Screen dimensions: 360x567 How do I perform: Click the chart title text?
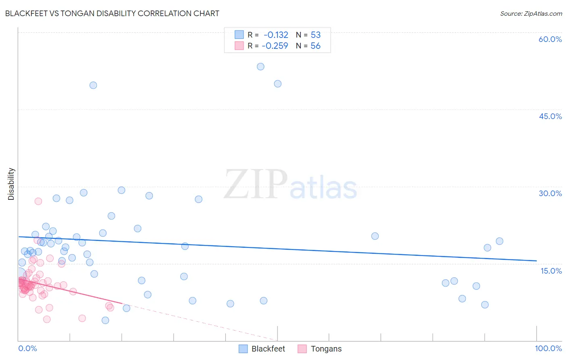click(x=112, y=13)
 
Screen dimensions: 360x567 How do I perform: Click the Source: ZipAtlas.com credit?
click(x=531, y=13)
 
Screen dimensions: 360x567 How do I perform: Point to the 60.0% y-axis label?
click(x=550, y=39)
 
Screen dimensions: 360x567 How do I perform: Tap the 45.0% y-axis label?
click(x=550, y=116)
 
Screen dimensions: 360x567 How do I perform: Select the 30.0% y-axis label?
click(x=550, y=193)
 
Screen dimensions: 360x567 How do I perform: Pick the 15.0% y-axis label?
click(x=551, y=271)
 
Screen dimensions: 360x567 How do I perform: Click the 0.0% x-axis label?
click(x=27, y=348)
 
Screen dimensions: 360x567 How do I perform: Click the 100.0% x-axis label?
click(x=548, y=348)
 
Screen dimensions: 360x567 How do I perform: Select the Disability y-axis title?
click(x=11, y=184)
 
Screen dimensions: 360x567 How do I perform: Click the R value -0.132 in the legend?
click(x=276, y=35)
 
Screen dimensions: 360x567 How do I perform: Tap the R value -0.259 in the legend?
click(x=275, y=46)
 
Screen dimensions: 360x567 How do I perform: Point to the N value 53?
click(x=315, y=35)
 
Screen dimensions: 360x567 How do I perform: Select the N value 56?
click(x=315, y=46)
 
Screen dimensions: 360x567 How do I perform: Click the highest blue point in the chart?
click(x=261, y=67)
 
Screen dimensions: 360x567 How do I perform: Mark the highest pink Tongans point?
click(x=38, y=201)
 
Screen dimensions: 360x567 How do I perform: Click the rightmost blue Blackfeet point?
click(x=499, y=241)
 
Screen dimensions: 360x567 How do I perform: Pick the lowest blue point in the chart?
click(x=105, y=320)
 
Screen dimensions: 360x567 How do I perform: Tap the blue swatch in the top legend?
click(x=239, y=35)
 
